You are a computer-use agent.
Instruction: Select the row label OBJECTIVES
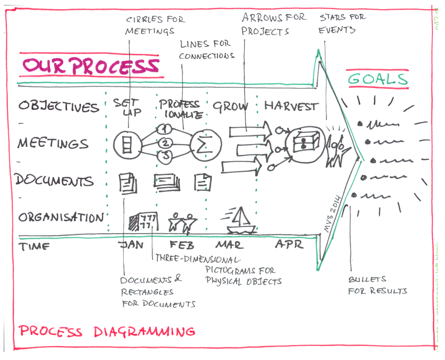point(58,106)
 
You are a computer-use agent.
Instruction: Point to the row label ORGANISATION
point(60,218)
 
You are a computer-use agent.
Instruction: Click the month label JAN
point(131,244)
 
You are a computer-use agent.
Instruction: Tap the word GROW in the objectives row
point(230,106)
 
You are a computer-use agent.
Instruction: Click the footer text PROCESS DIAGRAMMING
point(107,332)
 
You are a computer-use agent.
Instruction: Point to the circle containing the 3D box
point(305,143)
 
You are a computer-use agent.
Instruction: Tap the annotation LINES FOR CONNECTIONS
point(206,50)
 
